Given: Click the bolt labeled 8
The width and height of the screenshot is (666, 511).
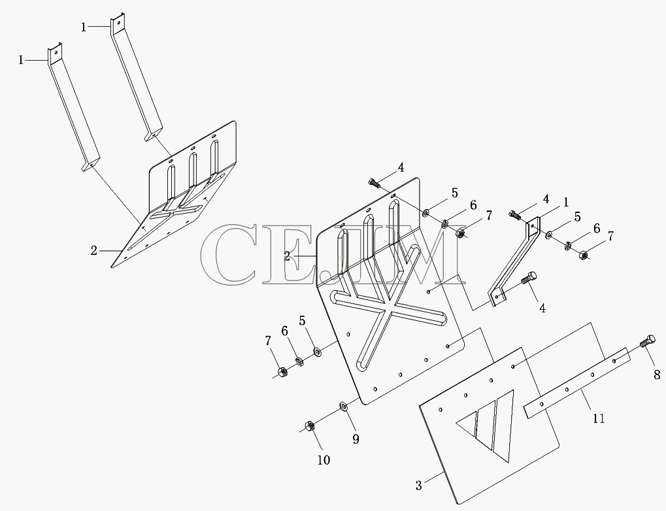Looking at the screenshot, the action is pyautogui.click(x=646, y=341).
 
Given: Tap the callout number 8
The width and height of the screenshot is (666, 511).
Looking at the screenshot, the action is pyautogui.click(x=657, y=374).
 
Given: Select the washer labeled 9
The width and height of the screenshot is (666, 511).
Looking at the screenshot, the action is pyautogui.click(x=343, y=406).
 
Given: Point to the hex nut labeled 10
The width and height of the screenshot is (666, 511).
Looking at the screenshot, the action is pyautogui.click(x=309, y=425).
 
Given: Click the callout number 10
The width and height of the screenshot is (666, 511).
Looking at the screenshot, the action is pyautogui.click(x=324, y=460).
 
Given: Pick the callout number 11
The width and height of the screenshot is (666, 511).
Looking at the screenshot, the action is pyautogui.click(x=599, y=418).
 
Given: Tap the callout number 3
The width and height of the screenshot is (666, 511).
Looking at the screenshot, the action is pyautogui.click(x=419, y=486).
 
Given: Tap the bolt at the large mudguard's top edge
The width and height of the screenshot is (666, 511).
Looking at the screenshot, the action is pyautogui.click(x=375, y=183).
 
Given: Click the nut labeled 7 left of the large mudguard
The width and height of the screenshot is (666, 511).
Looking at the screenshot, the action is pyautogui.click(x=282, y=372).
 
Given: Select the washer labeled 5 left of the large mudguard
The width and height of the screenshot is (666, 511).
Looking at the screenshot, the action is pyautogui.click(x=317, y=352).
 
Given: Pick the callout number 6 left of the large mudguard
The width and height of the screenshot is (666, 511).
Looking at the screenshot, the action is pyautogui.click(x=284, y=331).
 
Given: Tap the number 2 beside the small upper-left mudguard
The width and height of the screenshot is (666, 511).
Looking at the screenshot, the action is pyautogui.click(x=94, y=251).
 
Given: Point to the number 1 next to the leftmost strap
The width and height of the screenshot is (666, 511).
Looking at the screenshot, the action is pyautogui.click(x=21, y=61).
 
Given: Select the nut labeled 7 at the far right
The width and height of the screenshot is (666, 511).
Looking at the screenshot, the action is pyautogui.click(x=584, y=255).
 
